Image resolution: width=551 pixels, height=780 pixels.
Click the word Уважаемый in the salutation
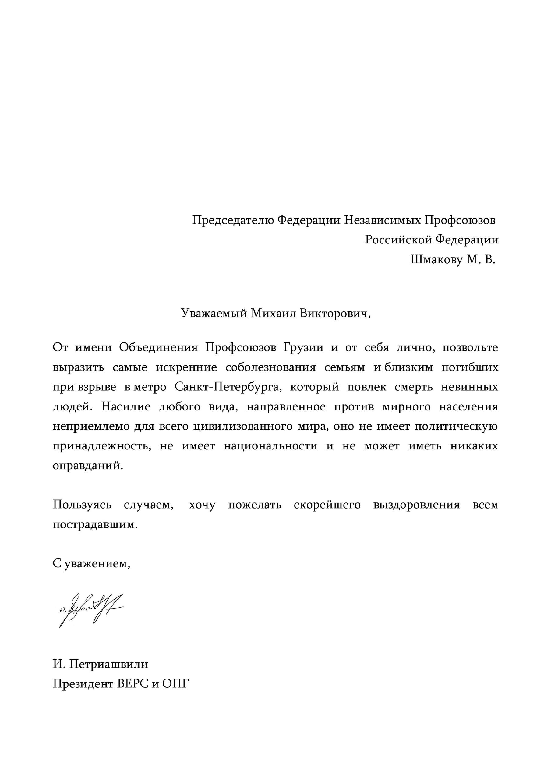pyautogui.click(x=214, y=313)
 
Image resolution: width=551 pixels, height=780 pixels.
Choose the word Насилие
pyautogui.click(x=126, y=407)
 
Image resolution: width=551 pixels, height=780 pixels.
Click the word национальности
pyautogui.click(x=270, y=446)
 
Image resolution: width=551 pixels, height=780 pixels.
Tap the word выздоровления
pyautogui.click(x=416, y=505)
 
